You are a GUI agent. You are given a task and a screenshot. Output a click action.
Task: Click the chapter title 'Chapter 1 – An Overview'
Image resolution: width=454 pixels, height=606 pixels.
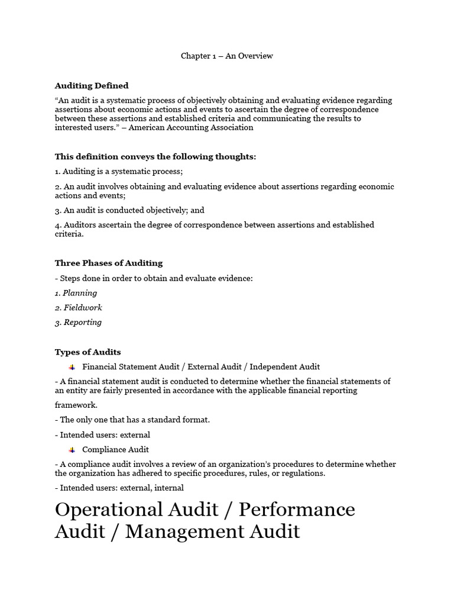click(226, 56)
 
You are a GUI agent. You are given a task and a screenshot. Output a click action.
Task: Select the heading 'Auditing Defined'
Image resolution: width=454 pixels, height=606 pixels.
click(92, 86)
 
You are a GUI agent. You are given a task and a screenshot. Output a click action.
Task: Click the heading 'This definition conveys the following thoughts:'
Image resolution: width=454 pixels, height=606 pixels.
click(155, 157)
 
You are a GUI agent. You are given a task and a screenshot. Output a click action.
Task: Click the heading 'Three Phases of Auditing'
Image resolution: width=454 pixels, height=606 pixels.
click(109, 263)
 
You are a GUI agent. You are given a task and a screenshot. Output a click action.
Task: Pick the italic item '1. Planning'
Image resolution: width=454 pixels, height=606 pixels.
click(76, 293)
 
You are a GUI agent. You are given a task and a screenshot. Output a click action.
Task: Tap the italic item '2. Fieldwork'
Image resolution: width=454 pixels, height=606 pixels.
click(78, 308)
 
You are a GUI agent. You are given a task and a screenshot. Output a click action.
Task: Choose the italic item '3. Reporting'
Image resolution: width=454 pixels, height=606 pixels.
click(78, 323)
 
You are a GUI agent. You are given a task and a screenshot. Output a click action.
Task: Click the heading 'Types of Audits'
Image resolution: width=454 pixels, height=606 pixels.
click(87, 352)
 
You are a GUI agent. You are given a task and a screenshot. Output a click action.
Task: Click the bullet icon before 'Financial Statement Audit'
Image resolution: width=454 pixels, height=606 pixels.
click(72, 367)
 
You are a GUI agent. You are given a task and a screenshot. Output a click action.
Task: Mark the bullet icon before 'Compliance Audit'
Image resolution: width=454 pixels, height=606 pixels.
click(72, 450)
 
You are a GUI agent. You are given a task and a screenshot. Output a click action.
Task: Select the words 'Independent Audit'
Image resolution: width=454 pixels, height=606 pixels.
click(285, 367)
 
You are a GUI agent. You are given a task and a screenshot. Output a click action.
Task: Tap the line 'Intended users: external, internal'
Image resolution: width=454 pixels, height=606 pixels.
click(119, 488)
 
